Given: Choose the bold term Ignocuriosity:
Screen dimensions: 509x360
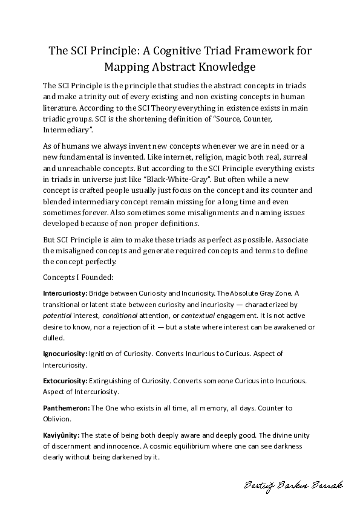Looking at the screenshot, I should click(x=65, y=354).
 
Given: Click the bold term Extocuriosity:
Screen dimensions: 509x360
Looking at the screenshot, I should click(x=65, y=381).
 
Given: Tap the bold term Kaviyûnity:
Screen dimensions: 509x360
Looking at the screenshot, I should click(x=61, y=435).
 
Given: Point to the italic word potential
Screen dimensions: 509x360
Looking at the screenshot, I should click(x=56, y=316).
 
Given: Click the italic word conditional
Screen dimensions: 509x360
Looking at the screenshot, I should click(x=121, y=316).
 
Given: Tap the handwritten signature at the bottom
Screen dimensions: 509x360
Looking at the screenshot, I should click(x=293, y=485).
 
